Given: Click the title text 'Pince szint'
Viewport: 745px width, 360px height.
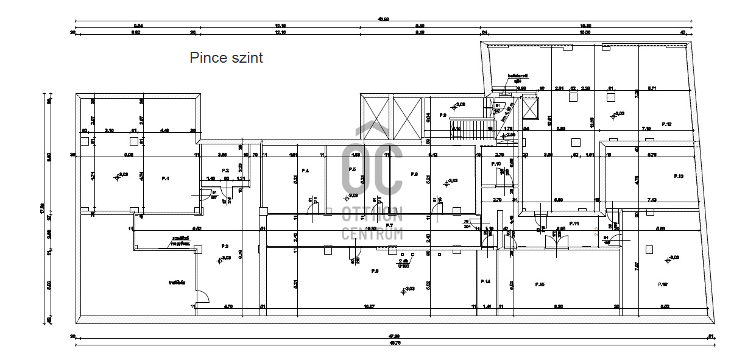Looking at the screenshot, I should [x=226, y=58].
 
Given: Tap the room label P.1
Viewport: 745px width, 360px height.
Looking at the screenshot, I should [x=165, y=178].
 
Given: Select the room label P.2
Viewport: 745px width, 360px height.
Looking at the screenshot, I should [x=225, y=171].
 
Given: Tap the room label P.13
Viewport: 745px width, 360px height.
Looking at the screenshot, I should [x=679, y=176].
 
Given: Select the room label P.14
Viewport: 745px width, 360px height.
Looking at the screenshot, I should [x=485, y=281].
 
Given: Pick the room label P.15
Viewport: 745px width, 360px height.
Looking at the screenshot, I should [x=539, y=284].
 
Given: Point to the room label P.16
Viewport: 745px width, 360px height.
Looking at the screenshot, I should [x=663, y=284].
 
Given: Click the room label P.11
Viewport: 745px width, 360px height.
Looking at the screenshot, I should [x=573, y=224].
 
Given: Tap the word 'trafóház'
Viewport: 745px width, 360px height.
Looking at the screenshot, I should [x=177, y=282].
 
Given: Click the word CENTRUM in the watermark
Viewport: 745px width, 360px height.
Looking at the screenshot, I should [x=372, y=233].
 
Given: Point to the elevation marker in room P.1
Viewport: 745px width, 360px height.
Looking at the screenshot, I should [x=117, y=177].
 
